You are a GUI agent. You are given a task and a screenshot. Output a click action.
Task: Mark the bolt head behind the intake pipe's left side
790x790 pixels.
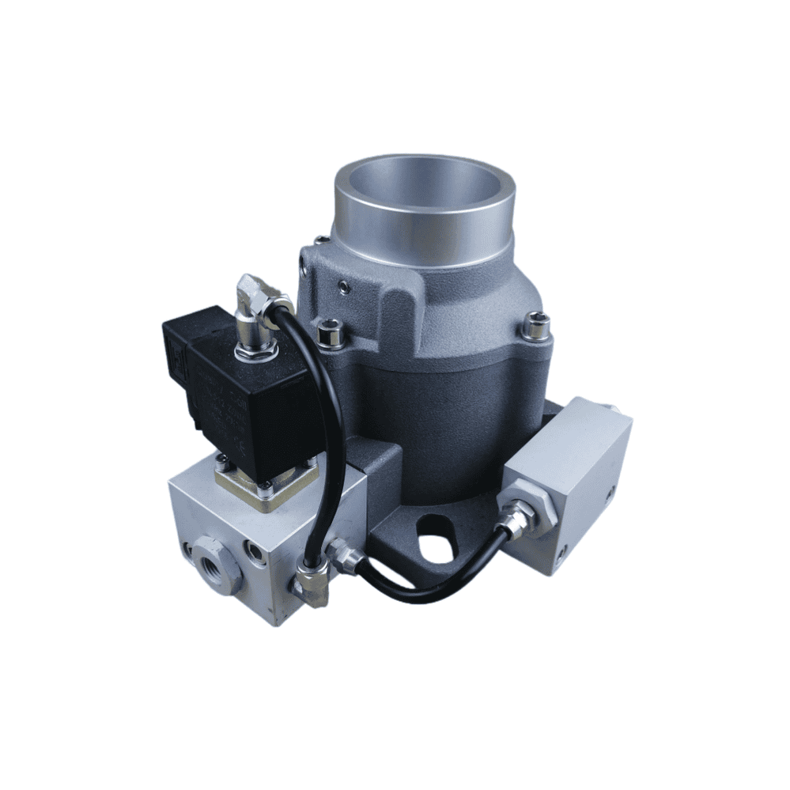[319, 239]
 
